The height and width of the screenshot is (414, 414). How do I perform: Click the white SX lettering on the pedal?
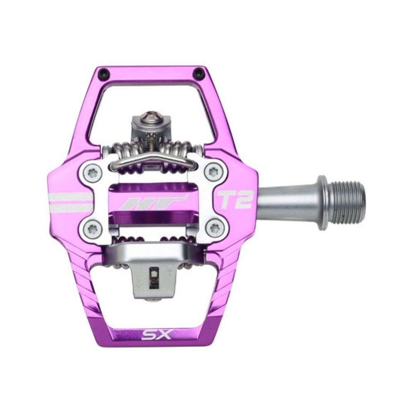pyautogui.click(x=156, y=334)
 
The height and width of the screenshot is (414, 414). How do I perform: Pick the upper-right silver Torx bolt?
pyautogui.click(x=214, y=172)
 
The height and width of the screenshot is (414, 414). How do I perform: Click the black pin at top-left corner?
pyautogui.click(x=104, y=74)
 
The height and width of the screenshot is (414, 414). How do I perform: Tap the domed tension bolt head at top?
pyautogui.click(x=151, y=117)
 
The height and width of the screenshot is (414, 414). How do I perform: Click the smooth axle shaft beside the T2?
pyautogui.click(x=286, y=202)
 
